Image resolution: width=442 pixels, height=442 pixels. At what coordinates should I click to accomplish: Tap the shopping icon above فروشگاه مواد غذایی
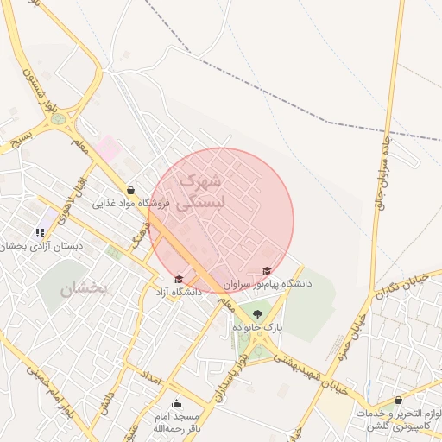(130, 191)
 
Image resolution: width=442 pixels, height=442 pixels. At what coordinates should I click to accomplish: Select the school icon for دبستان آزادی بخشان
(40, 232)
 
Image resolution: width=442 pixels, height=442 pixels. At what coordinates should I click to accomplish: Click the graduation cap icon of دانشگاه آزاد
(179, 279)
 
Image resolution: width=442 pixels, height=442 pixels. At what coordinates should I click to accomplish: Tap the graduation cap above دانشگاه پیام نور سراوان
(266, 271)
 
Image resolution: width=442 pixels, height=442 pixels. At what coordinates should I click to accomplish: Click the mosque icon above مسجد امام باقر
(177, 403)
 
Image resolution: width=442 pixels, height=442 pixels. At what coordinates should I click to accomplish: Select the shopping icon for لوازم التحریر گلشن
(398, 401)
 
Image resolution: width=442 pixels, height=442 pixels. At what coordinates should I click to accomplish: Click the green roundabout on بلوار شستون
(59, 118)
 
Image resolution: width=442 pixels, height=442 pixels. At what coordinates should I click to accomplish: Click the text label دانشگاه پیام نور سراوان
(268, 283)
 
